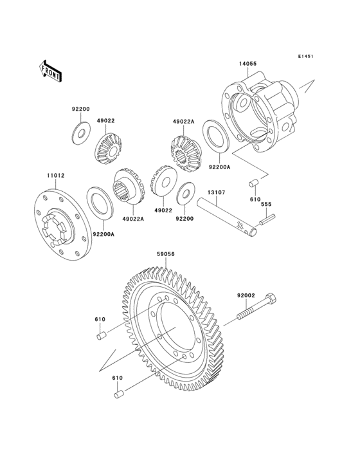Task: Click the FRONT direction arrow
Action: [51, 69]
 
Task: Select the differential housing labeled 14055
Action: [260, 116]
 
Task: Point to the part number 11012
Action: [55, 175]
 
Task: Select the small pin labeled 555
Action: [267, 222]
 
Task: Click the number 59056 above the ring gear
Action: [166, 254]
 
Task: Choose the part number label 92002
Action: [246, 295]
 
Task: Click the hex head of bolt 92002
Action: [270, 300]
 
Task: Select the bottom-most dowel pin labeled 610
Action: [118, 394]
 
